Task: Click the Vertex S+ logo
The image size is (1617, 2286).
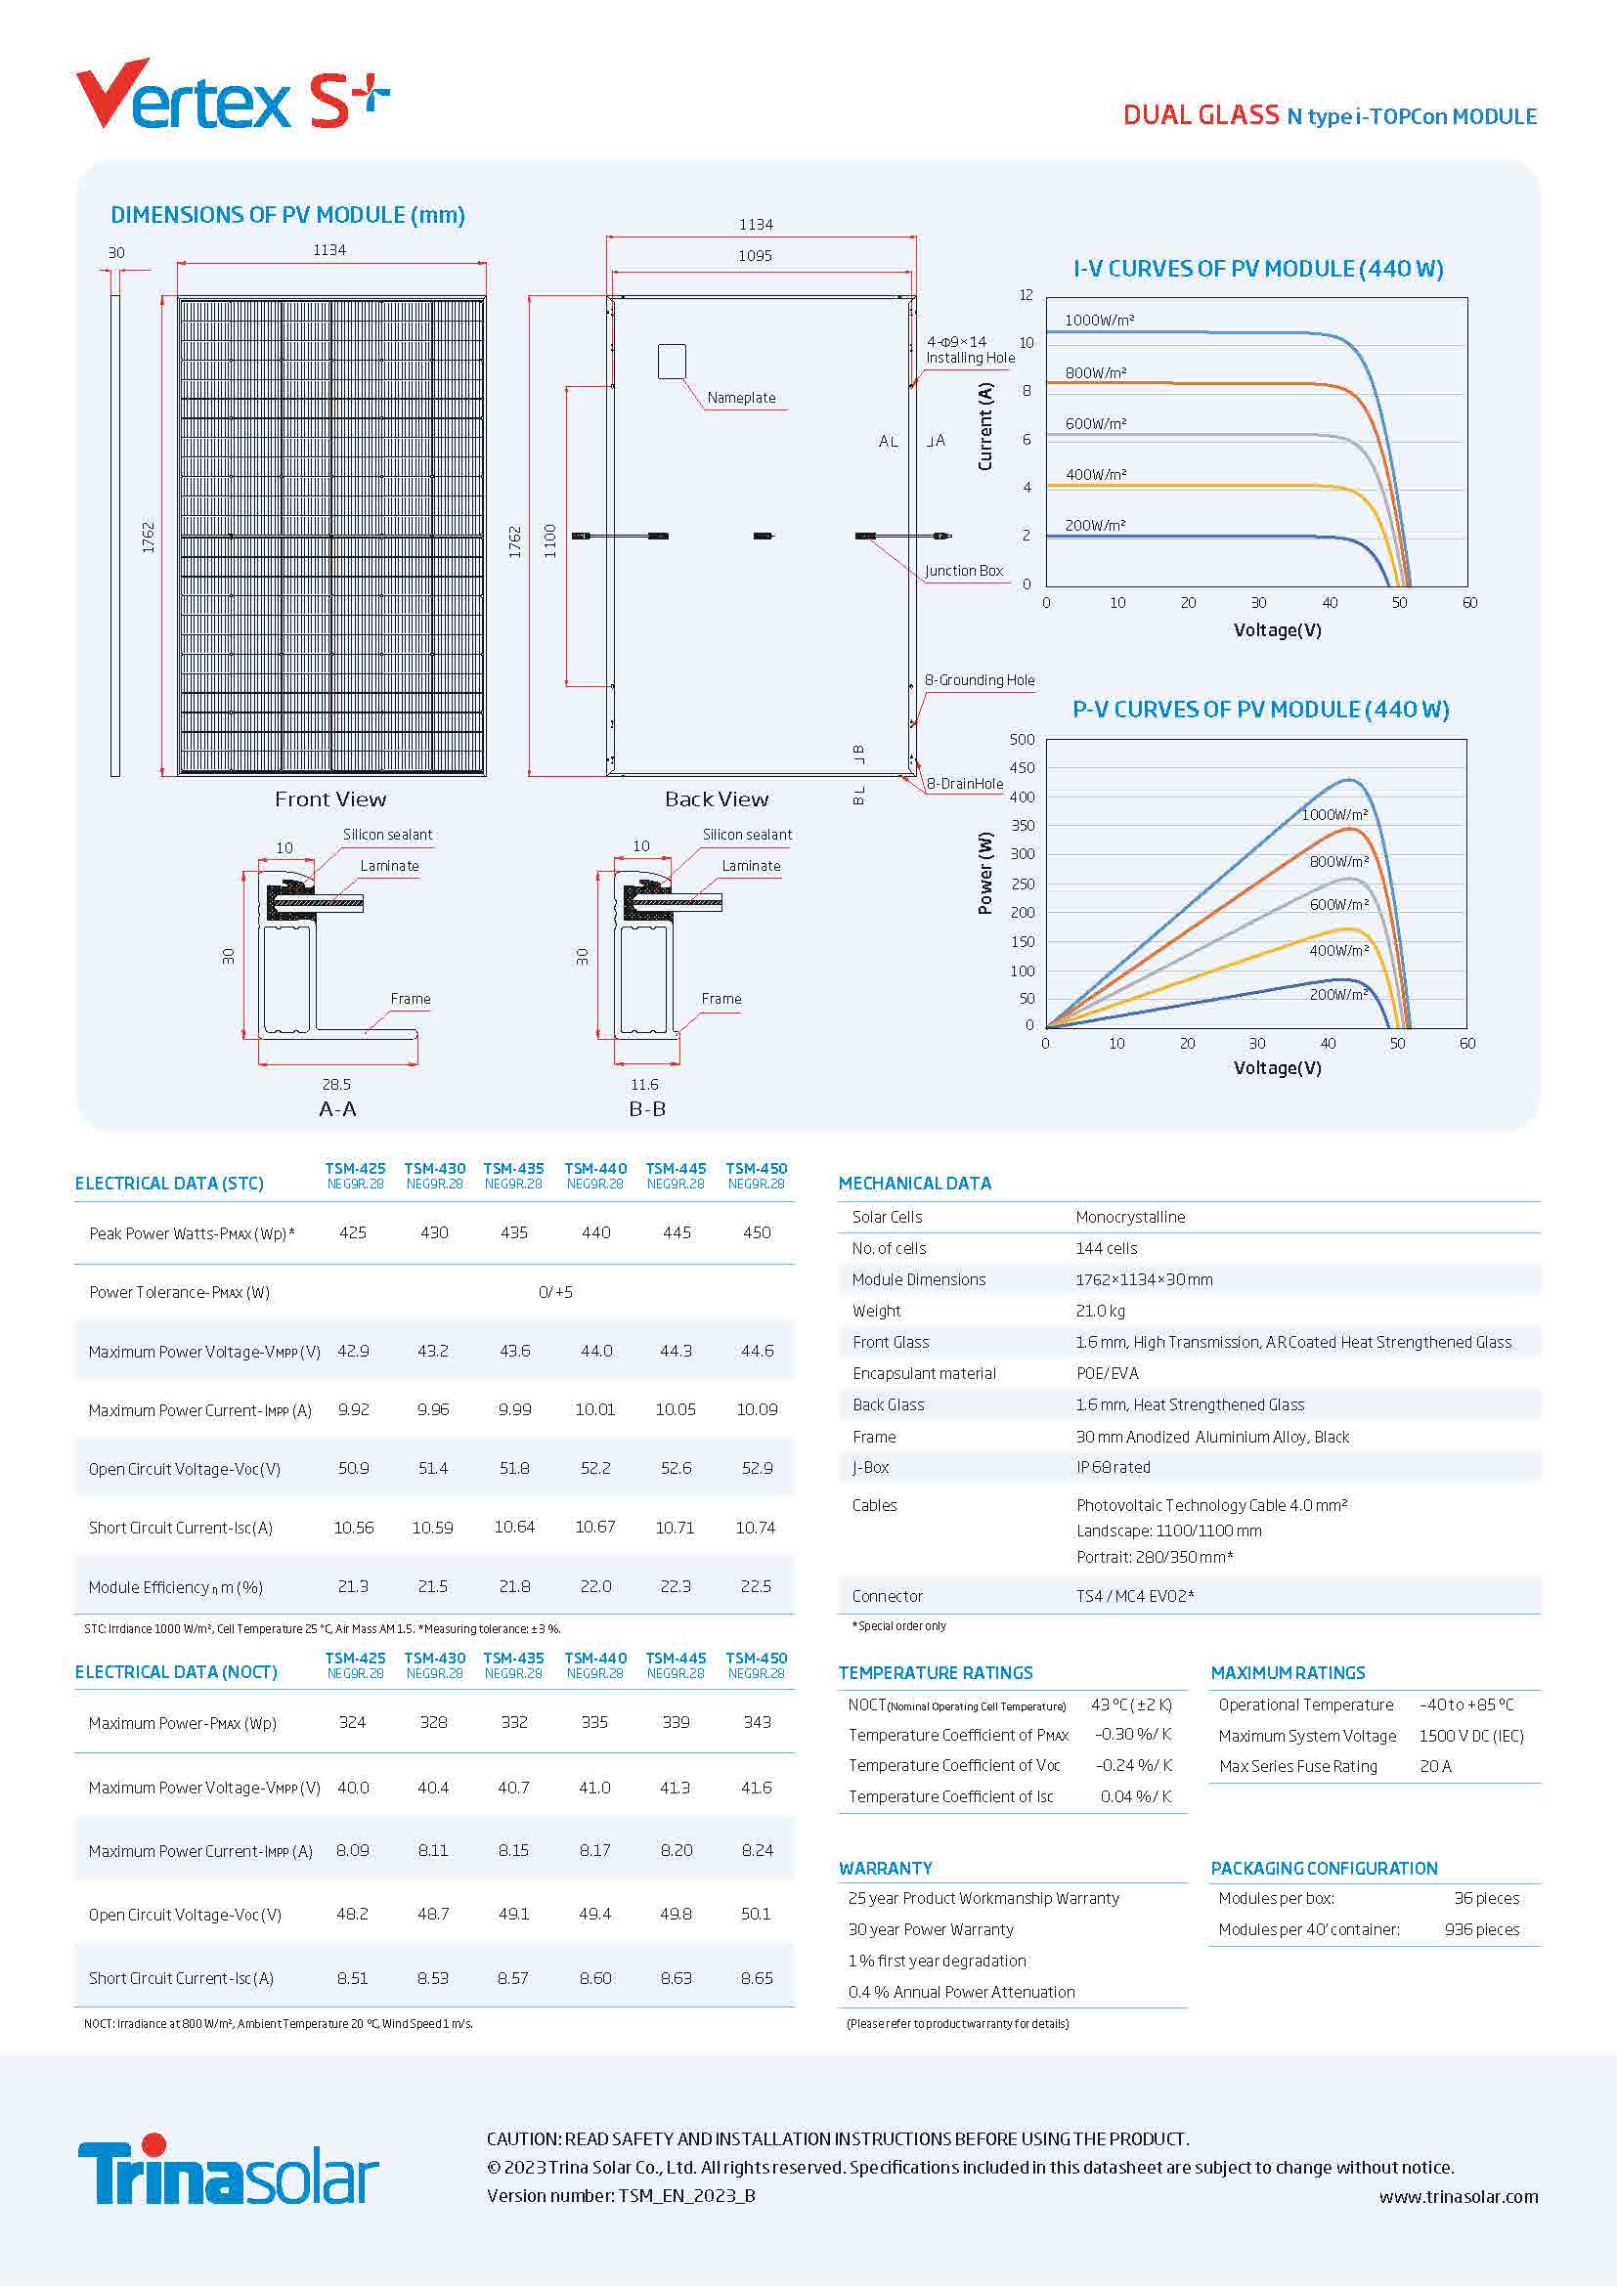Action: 232,96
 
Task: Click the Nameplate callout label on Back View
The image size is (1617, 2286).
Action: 741,398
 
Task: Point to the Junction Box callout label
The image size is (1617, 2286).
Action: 963,571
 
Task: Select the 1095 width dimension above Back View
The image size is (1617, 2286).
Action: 755,256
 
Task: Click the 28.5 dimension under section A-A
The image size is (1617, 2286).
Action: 336,1084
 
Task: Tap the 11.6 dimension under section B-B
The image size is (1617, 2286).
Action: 644,1084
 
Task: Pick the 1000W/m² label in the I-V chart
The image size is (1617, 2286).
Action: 1099,321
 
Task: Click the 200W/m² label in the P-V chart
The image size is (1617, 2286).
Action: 1338,994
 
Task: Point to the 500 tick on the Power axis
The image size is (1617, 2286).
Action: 1022,740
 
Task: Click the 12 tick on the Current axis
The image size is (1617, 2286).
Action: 1026,296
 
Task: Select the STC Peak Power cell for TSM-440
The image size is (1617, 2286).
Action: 595,1232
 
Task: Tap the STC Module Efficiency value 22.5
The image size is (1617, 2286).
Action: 756,1586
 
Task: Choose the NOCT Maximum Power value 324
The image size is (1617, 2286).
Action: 353,1721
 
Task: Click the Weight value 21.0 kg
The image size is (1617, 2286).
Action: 1100,1312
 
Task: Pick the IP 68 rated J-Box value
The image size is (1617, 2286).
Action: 1113,1467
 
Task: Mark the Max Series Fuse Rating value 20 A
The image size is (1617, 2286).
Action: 1435,1766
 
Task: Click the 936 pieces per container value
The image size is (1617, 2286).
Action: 1481,1929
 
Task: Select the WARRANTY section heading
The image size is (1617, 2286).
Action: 885,1868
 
